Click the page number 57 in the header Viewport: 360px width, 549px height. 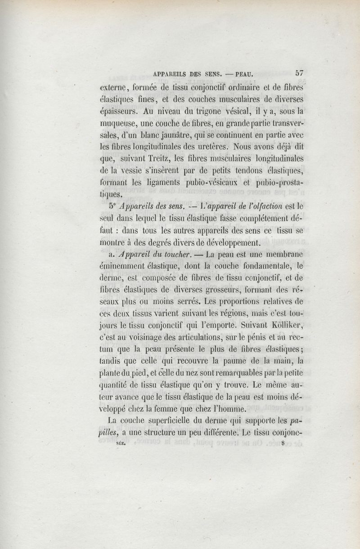click(x=300, y=72)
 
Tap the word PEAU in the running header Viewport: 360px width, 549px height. click(x=243, y=72)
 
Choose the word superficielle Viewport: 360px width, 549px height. click(x=169, y=422)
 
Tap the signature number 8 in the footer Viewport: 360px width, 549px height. click(x=283, y=443)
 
